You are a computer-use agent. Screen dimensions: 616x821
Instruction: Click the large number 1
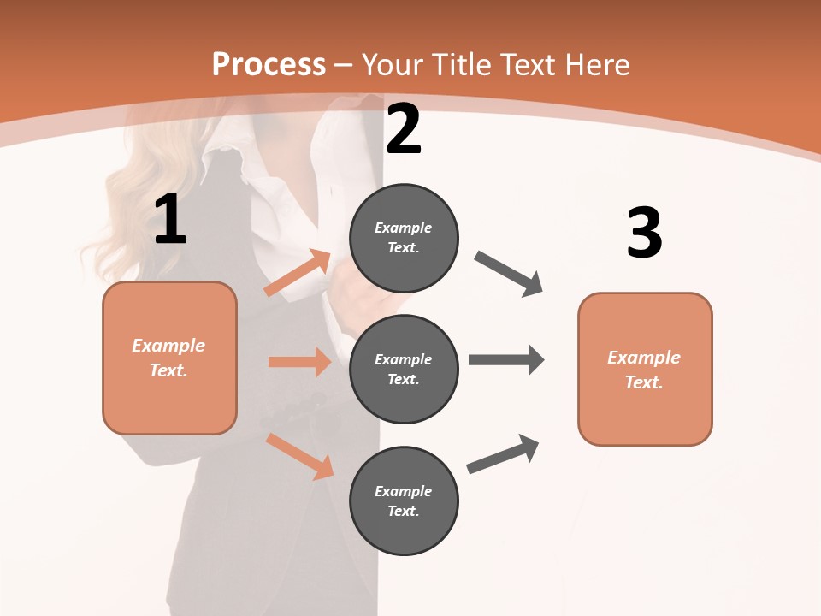pos(170,220)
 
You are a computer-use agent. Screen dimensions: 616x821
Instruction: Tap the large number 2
pos(404,129)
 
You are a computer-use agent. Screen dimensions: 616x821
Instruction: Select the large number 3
pos(644,234)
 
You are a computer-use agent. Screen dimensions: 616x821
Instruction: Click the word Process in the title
pos(269,64)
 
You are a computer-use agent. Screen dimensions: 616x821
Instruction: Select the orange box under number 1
pos(169,358)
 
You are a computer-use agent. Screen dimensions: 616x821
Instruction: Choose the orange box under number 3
pos(645,369)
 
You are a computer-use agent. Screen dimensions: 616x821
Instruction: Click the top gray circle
pos(404,238)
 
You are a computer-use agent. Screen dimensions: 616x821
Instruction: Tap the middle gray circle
pos(404,369)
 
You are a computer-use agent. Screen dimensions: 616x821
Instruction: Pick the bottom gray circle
pos(404,500)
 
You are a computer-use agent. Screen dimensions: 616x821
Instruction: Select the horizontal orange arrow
pos(299,362)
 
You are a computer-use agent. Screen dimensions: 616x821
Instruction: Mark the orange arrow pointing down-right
pos(300,455)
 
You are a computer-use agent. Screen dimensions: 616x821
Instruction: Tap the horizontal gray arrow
pos(506,359)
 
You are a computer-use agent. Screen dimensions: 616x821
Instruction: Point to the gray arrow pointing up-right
pos(504,453)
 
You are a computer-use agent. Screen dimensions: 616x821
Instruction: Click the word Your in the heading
pos(394,64)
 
